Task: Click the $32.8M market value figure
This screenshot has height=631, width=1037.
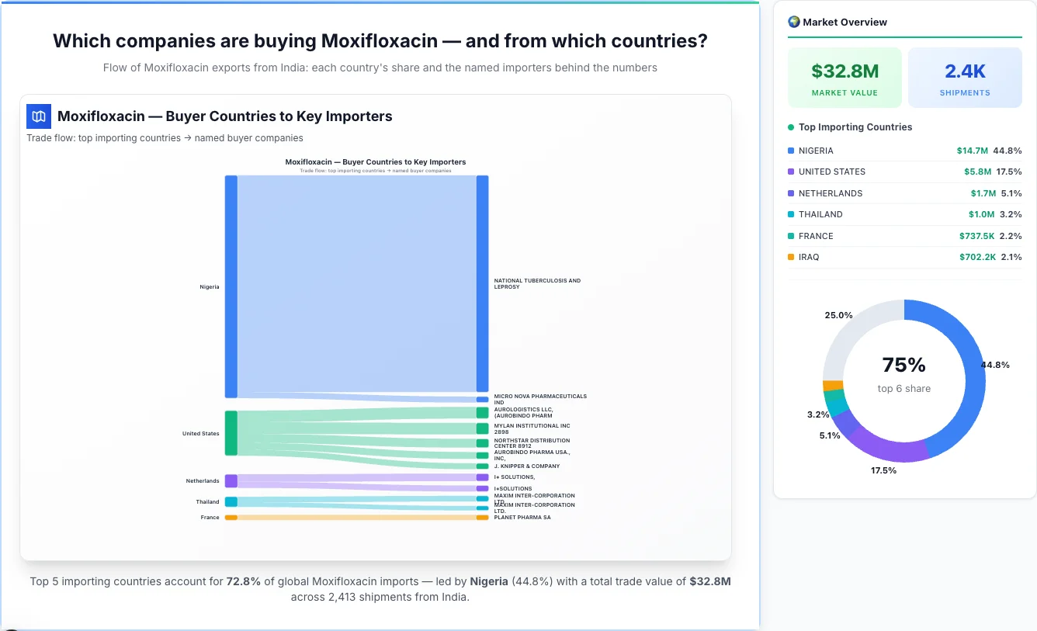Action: (x=845, y=71)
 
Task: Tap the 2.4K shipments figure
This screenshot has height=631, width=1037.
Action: (x=965, y=71)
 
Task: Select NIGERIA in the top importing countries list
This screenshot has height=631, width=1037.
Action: (x=816, y=151)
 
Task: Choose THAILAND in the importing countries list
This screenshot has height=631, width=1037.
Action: (x=820, y=214)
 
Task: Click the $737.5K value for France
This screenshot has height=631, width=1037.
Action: (x=976, y=236)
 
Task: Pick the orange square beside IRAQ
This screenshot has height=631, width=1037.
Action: (x=791, y=257)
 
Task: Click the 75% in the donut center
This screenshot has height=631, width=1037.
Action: (x=903, y=365)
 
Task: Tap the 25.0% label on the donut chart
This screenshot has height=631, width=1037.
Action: (x=838, y=315)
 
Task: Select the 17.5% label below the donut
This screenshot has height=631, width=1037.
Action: (x=883, y=470)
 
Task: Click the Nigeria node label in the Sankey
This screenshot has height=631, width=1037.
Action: (x=210, y=287)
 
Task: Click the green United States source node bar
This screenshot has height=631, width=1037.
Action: (x=231, y=433)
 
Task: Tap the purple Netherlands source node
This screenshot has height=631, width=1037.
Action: (x=231, y=481)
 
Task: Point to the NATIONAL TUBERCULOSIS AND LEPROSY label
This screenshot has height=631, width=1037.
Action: (x=537, y=284)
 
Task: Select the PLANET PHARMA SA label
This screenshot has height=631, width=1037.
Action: (x=522, y=518)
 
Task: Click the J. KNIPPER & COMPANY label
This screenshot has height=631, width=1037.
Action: (x=526, y=466)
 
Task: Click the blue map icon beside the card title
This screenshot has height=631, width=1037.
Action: (x=39, y=116)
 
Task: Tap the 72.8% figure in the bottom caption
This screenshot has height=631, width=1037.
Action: (x=243, y=581)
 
